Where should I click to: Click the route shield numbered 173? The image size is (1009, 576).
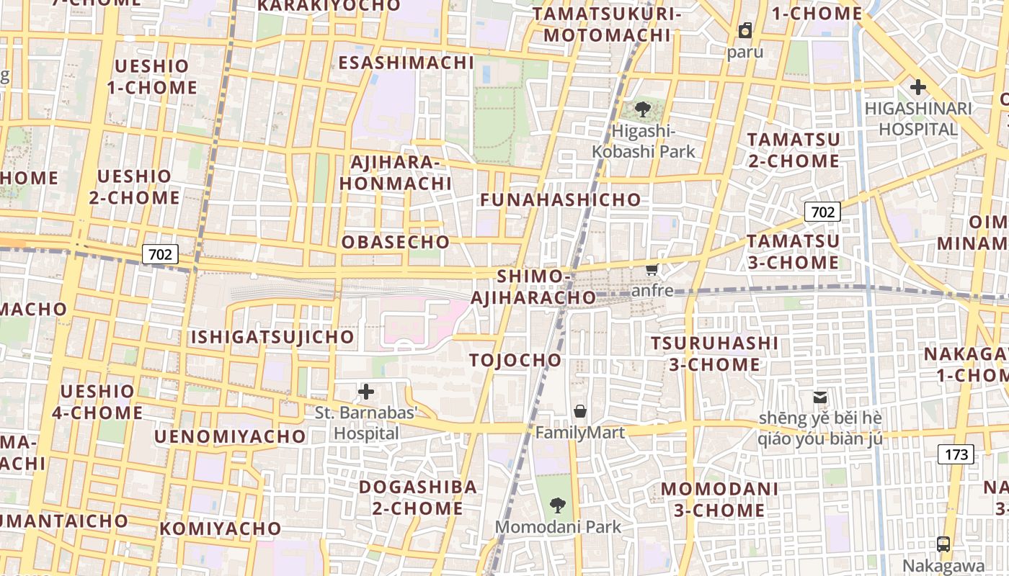point(956,454)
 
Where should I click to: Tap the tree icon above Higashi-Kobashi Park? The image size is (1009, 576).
point(643,110)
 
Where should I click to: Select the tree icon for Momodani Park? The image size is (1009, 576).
point(557,505)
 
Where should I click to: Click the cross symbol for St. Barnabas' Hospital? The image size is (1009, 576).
point(366,392)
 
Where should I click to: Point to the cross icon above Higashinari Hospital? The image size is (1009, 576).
point(917,88)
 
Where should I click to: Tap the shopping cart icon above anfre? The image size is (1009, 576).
point(652,270)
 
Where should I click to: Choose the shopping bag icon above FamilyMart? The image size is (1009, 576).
point(580,411)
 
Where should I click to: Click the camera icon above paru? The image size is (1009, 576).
point(744,31)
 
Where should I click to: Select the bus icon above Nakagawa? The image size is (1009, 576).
point(943,544)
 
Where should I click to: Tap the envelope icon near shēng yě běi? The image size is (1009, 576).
point(819,397)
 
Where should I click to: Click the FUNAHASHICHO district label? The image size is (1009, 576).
point(560,199)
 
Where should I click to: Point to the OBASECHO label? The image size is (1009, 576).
point(395,242)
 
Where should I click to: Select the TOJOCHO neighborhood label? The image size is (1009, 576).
point(515,360)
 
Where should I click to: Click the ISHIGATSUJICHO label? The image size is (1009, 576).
point(272,336)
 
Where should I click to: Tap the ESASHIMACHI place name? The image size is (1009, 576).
point(406,63)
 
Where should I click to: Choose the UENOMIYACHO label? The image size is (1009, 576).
point(230,436)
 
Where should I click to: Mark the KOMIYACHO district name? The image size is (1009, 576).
point(221,528)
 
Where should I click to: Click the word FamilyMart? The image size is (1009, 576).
point(579,433)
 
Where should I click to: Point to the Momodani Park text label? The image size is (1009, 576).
point(558,527)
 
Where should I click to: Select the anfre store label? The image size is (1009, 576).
point(652,291)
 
